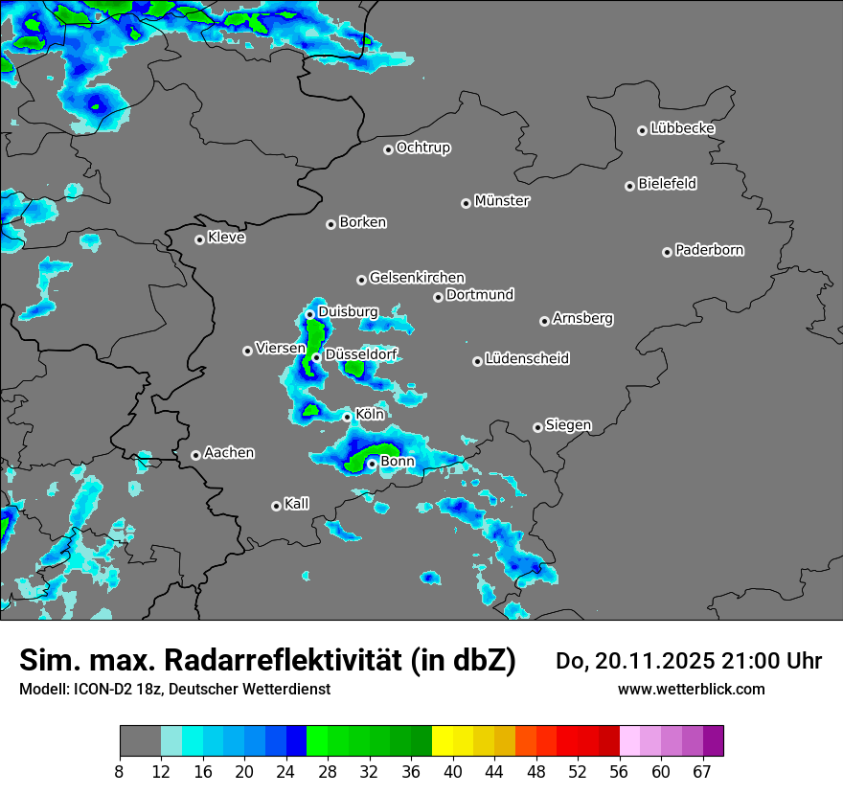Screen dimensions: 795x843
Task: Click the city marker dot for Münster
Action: coord(466,203)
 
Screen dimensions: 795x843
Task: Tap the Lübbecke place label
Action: coord(682,128)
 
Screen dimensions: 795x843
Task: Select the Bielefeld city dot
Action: coord(629,186)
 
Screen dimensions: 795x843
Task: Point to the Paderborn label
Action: coord(709,250)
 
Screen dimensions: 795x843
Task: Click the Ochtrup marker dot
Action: coord(388,149)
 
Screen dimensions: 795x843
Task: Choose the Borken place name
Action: coord(362,222)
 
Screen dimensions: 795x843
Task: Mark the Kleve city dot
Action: coord(199,239)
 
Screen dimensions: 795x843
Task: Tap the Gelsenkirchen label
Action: coord(417,278)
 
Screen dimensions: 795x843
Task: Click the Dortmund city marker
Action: coord(438,297)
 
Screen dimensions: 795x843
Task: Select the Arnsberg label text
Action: coord(582,318)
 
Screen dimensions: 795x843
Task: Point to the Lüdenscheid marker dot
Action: coord(477,361)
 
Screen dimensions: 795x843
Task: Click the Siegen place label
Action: coord(568,424)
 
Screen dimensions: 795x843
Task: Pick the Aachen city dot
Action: coord(195,455)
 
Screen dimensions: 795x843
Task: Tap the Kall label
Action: coord(297,503)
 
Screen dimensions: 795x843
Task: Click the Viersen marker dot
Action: coord(247,351)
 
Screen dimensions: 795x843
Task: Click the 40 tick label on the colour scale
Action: coord(452,771)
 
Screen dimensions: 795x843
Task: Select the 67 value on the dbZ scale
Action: coord(702,771)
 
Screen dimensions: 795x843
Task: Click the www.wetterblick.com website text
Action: coord(691,689)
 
